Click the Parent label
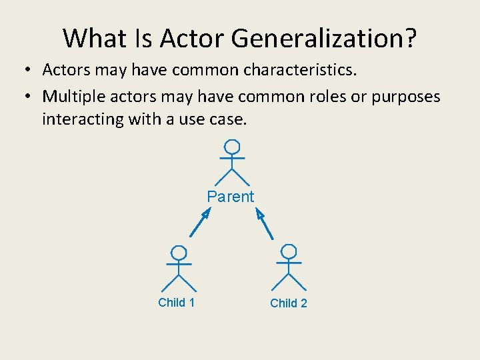coord(231,197)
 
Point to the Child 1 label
coord(177,303)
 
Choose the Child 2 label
coord(289,303)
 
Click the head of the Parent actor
coord(231,147)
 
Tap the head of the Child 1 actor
coord(178,253)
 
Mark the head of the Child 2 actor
coord(289,252)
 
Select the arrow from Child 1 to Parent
coord(200,223)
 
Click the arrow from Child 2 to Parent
coord(265,224)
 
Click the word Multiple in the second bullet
coord(69,97)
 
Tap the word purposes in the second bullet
coord(406,97)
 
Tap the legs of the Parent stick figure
coord(231,177)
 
